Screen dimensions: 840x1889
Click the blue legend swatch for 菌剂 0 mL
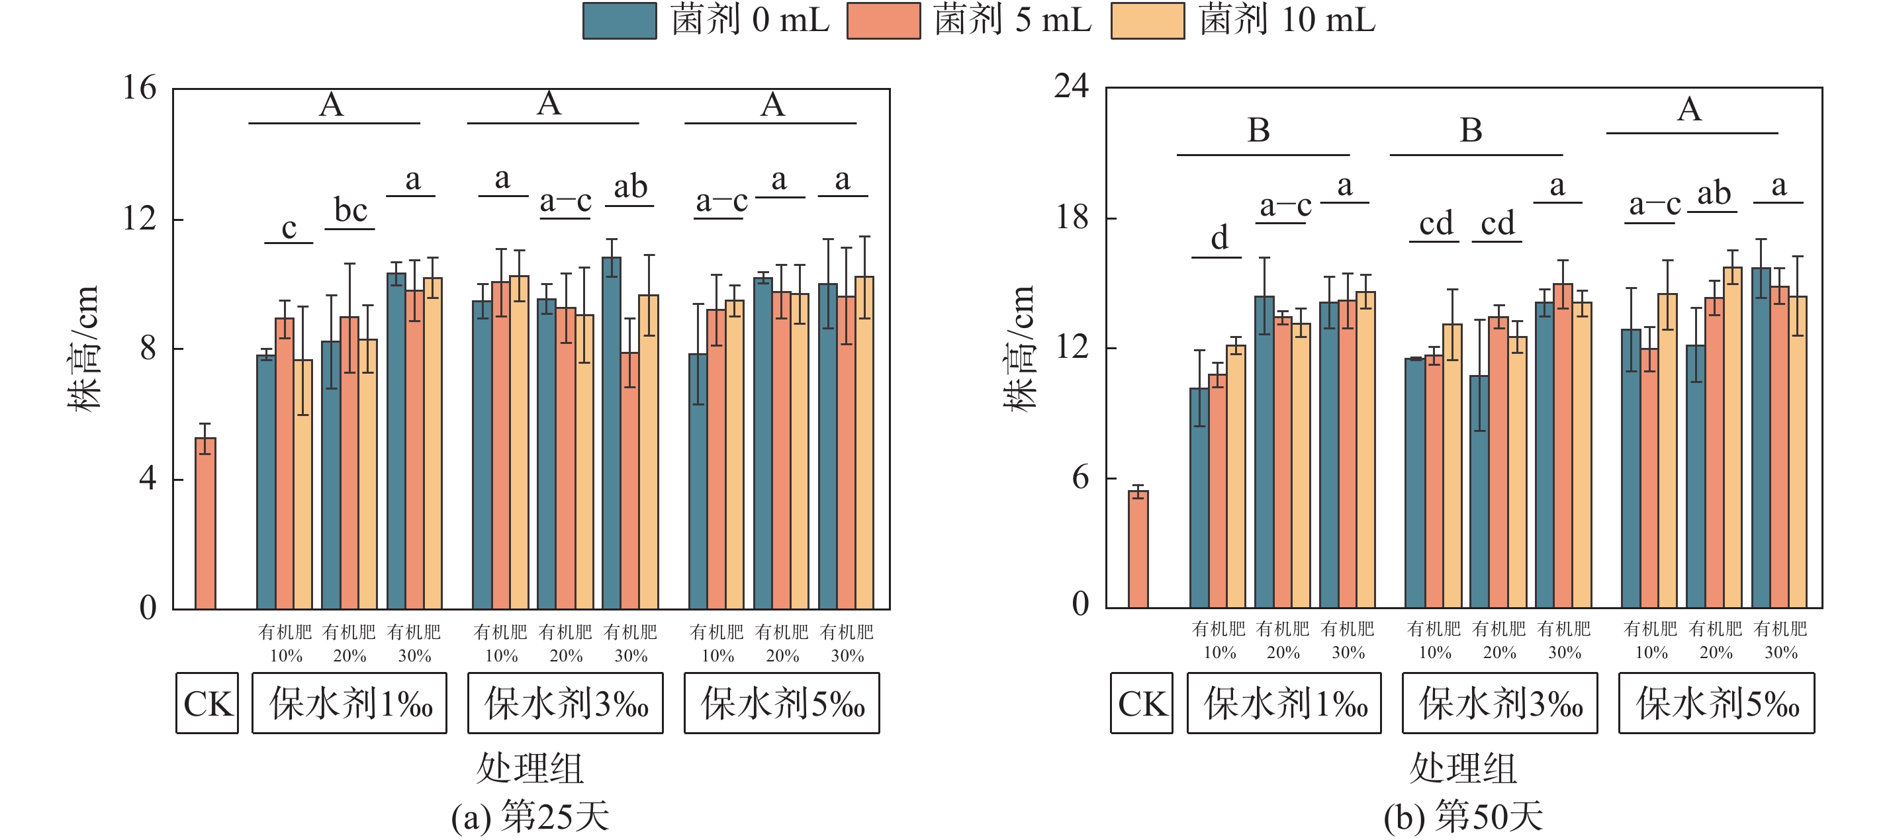[619, 21]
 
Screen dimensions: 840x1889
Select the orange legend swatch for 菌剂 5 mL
[883, 21]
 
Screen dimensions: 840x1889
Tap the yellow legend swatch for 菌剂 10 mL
[1147, 21]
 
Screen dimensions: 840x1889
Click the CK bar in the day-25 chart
[205, 523]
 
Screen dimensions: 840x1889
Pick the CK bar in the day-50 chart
[1138, 549]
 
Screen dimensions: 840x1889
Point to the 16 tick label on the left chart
[140, 88]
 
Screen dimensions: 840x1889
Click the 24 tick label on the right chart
[1072, 86]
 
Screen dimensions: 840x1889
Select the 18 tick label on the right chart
[1072, 217]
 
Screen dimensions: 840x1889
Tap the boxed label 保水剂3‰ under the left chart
[565, 704]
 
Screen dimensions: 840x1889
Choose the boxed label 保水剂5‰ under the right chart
[1717, 704]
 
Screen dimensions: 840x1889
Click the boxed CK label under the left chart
[208, 704]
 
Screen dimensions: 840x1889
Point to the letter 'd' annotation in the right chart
[1219, 238]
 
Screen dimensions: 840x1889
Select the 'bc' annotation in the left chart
[351, 210]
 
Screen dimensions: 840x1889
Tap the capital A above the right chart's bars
[1689, 109]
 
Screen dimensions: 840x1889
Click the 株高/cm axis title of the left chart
[83, 348]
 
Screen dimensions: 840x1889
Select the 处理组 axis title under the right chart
[1463, 768]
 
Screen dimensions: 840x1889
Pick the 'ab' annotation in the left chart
[630, 187]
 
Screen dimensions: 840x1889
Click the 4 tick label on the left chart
[148, 479]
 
